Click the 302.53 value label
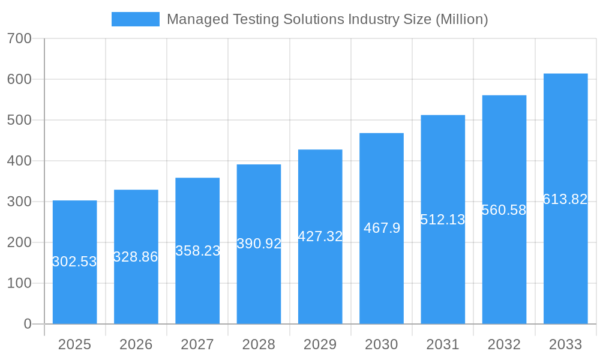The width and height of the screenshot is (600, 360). click(74, 262)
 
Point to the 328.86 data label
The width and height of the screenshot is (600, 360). click(136, 257)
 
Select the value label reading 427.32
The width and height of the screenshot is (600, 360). click(320, 236)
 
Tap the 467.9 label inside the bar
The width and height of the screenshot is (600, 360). click(382, 228)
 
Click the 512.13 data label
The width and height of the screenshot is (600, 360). click(443, 220)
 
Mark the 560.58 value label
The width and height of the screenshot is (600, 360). click(504, 210)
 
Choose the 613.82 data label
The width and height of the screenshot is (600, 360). click(565, 199)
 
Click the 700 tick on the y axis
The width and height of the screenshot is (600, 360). click(19, 38)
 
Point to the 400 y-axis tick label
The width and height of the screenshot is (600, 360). click(19, 161)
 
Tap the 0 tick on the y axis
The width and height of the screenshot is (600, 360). click(28, 324)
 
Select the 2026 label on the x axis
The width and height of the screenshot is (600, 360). click(136, 344)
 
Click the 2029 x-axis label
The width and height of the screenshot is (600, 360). click(320, 344)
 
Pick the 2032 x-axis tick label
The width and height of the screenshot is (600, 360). click(504, 344)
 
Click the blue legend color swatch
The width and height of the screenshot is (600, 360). click(136, 19)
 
